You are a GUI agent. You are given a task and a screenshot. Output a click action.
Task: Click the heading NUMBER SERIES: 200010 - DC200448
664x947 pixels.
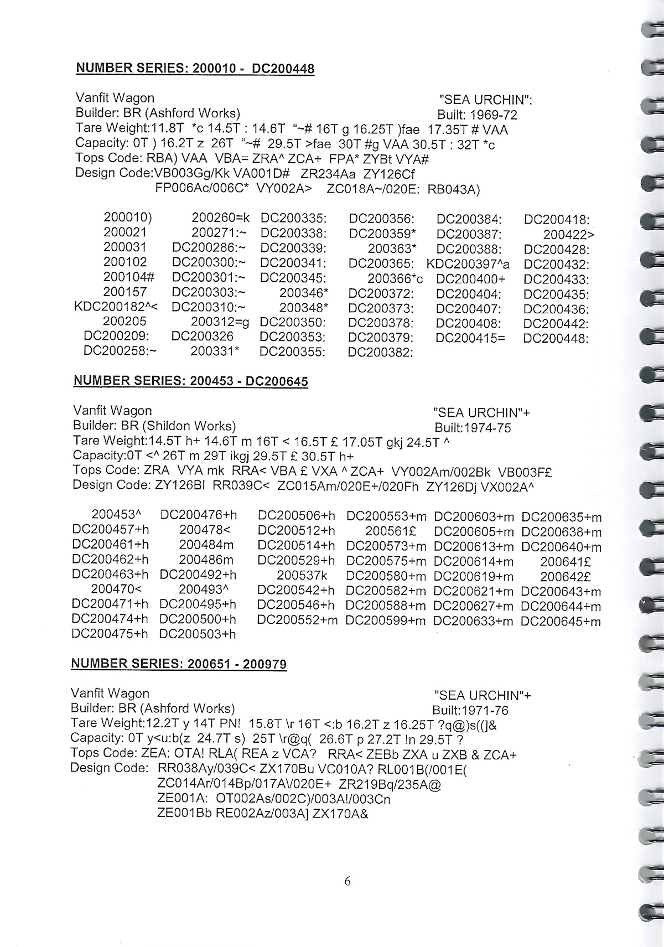(194, 69)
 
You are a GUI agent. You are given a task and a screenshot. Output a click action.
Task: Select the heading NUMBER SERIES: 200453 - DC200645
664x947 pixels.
(190, 381)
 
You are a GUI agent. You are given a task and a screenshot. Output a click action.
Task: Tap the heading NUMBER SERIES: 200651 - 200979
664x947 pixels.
(178, 664)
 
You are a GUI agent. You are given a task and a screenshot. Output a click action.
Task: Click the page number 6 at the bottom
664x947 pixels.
(347, 881)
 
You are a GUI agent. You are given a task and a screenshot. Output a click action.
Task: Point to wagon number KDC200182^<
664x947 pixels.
(116, 307)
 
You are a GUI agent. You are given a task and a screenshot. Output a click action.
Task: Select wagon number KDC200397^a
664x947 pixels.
(468, 264)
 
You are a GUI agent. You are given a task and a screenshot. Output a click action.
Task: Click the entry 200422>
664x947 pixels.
(569, 235)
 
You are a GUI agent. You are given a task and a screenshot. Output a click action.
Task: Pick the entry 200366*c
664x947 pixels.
(395, 279)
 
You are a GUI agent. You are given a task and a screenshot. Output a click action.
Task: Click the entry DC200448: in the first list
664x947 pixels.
(556, 338)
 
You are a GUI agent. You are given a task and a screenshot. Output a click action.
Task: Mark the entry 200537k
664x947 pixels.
(302, 576)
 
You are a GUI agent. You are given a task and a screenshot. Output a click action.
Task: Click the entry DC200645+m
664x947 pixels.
(561, 621)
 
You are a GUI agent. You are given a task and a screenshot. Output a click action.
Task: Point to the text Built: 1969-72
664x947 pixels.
(477, 116)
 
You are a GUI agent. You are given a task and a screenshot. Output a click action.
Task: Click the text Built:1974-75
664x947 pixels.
(473, 428)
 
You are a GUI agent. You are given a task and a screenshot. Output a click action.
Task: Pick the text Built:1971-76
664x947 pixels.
(470, 710)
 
